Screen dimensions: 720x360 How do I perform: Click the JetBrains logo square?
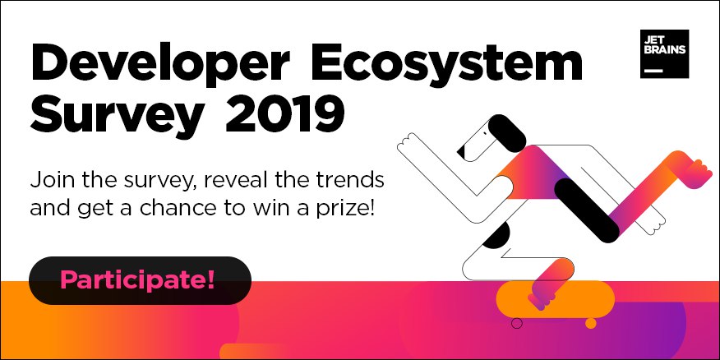tap(664, 53)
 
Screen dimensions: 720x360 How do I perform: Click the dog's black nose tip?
tap(463, 150)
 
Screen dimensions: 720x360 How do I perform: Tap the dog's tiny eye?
tap(485, 134)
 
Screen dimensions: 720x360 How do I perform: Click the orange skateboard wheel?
tap(590, 323)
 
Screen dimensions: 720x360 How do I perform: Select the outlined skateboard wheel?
tap(517, 323)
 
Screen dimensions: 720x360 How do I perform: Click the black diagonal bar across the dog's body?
tap(587, 210)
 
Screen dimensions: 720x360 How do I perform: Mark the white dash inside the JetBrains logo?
tap(654, 72)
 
